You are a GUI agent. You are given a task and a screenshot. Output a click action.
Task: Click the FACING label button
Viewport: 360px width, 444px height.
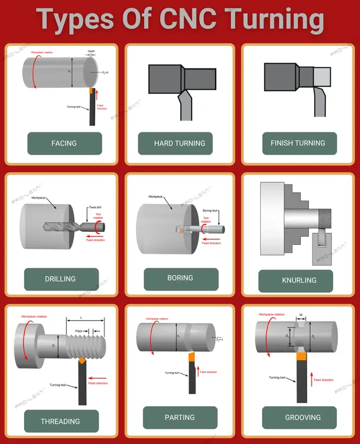click(x=64, y=143)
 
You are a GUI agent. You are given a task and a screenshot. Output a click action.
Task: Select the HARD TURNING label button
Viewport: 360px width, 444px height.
click(x=179, y=143)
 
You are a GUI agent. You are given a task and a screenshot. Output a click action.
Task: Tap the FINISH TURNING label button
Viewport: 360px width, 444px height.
click(x=298, y=143)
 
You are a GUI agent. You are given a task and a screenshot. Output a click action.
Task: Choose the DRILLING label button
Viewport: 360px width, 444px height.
click(x=61, y=279)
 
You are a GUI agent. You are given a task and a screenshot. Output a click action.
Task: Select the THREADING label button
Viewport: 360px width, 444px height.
click(x=61, y=421)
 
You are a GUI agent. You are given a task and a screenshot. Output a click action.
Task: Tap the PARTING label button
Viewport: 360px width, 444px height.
click(x=180, y=417)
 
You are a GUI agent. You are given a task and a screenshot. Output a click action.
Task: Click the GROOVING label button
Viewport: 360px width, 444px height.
click(x=303, y=417)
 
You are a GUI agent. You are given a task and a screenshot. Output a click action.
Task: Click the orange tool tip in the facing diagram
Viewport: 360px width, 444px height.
click(x=91, y=91)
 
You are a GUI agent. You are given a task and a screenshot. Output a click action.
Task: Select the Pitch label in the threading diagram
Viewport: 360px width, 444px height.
click(x=79, y=331)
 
